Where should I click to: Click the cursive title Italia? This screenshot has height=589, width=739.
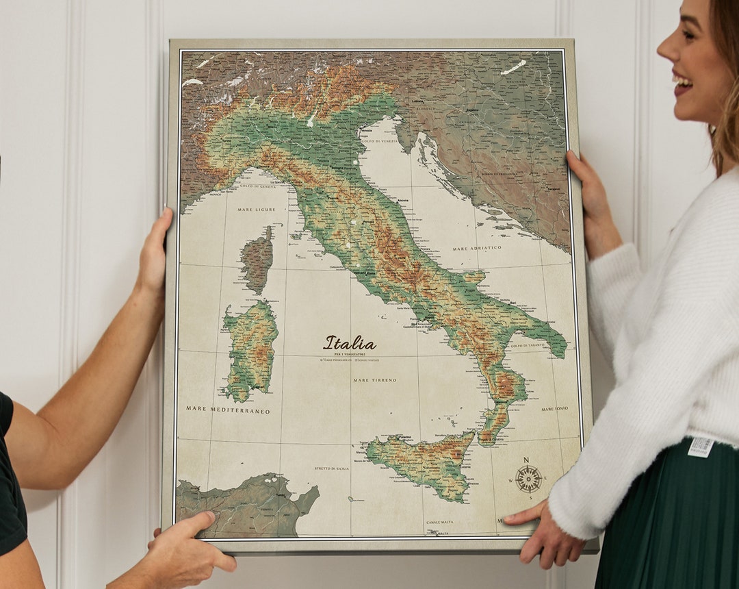(350, 343)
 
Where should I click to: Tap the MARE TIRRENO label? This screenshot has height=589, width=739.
(375, 379)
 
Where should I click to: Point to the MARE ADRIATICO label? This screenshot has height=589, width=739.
(477, 248)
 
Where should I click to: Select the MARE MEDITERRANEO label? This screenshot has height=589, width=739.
(228, 410)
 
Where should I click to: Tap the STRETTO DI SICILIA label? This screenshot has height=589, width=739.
(332, 468)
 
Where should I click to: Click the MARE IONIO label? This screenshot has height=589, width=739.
(555, 409)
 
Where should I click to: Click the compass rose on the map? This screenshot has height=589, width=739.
(528, 479)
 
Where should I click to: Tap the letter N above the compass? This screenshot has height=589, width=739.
(526, 460)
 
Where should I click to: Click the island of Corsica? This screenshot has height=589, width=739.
(257, 260)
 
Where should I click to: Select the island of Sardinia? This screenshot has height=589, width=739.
(250, 349)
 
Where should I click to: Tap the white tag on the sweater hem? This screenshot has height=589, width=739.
(700, 447)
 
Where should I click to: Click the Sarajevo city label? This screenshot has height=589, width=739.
(554, 188)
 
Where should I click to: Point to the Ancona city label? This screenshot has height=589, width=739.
(403, 201)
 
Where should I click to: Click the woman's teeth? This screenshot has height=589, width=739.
(682, 83)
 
